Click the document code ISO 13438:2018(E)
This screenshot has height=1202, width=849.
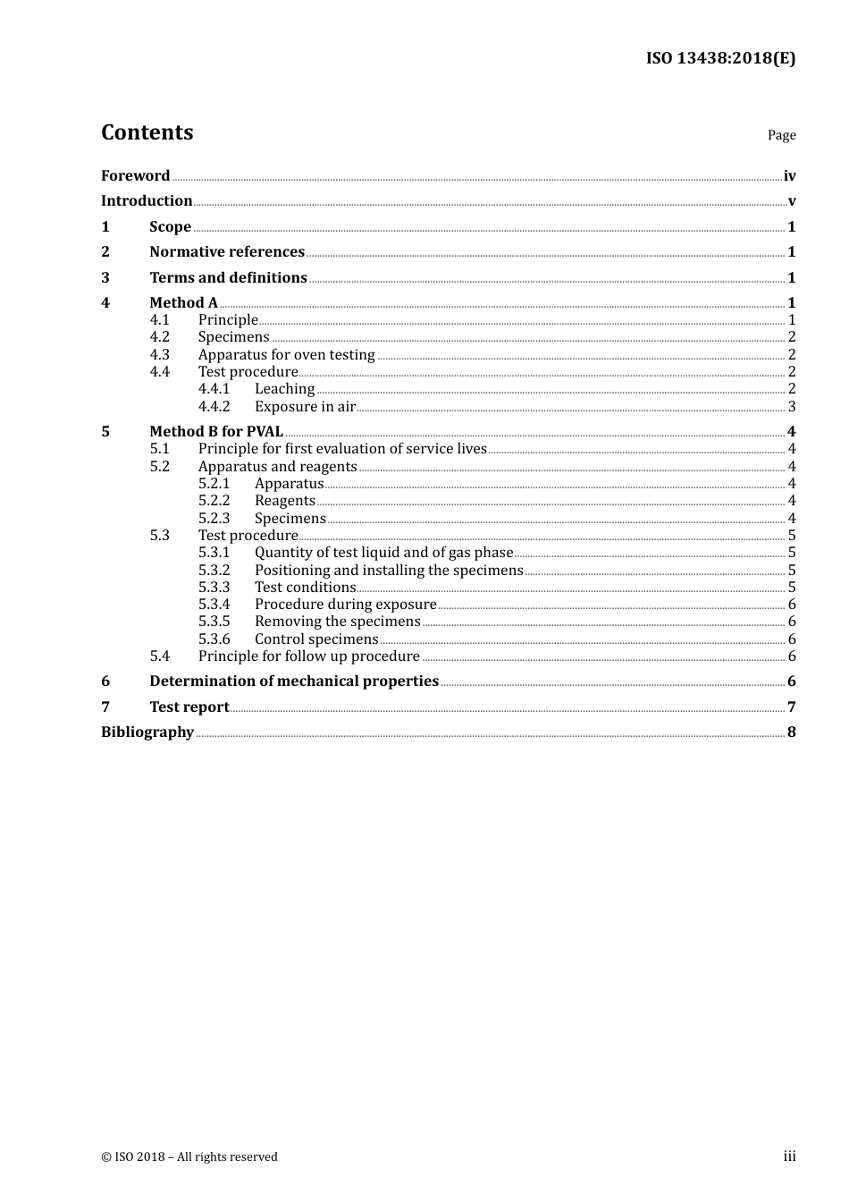pos(720,58)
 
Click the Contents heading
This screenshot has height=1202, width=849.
pos(147,132)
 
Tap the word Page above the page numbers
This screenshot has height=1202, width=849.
pos(781,135)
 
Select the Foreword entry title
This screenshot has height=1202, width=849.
pos(135,175)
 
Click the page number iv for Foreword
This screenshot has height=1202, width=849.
pos(789,176)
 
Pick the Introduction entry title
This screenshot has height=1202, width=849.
pos(147,201)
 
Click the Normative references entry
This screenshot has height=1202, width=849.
pos(227,252)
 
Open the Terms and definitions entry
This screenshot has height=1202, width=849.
pos(228,278)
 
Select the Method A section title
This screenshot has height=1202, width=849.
pos(183,303)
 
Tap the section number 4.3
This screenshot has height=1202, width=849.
pos(160,355)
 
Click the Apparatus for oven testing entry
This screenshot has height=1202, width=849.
pos(286,355)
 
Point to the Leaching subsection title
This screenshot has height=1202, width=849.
pos(284,389)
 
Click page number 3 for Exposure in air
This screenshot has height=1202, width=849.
pos(791,407)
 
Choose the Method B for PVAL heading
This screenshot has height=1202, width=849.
pos(216,432)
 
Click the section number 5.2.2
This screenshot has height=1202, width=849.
pos(214,501)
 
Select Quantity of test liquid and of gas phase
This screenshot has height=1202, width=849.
pos(383,553)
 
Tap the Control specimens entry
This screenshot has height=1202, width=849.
pos(316,639)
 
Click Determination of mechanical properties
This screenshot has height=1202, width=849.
pos(294,681)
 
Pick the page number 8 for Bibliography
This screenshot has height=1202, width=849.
pos(791,732)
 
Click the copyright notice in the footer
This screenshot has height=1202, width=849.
pos(189,1156)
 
